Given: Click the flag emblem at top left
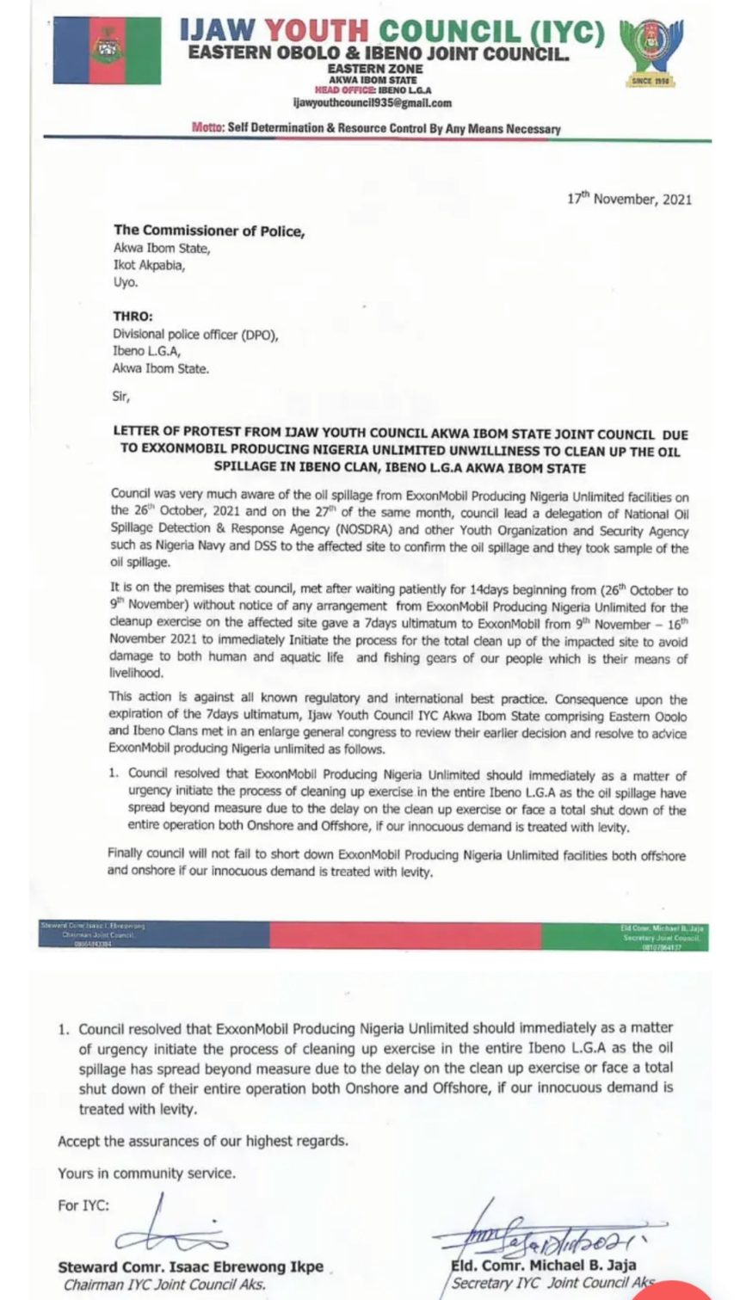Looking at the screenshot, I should pyautogui.click(x=108, y=52).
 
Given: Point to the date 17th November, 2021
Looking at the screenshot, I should pyautogui.click(x=629, y=199).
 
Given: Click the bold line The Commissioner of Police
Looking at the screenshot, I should pyautogui.click(x=209, y=230).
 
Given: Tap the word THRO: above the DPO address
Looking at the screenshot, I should pyautogui.click(x=133, y=315).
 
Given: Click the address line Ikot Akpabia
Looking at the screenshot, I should pyautogui.click(x=149, y=265).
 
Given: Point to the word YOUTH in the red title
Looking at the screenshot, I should pyautogui.click(x=318, y=31).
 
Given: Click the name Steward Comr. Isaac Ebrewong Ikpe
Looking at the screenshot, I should pyautogui.click(x=191, y=1266).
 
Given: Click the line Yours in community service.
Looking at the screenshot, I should pyautogui.click(x=146, y=1173).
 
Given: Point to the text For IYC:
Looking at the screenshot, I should pyautogui.click(x=83, y=1205).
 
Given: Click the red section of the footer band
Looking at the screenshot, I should pyautogui.click(x=404, y=934).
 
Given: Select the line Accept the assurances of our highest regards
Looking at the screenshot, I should pyautogui.click(x=203, y=1141).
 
